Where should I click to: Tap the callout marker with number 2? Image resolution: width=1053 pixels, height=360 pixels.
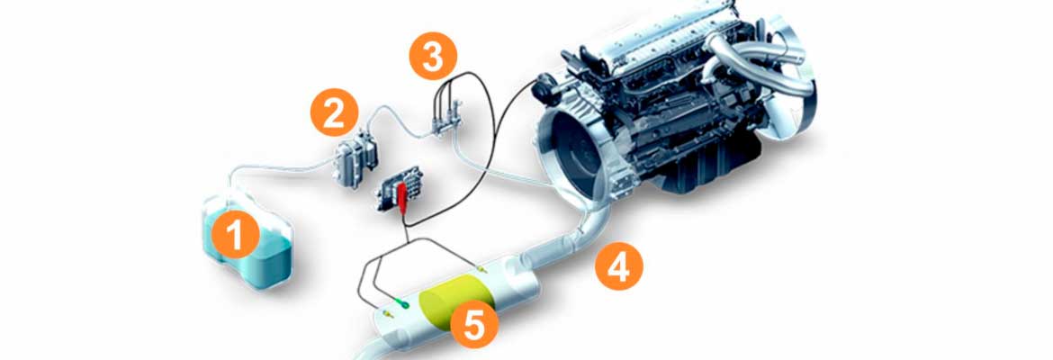point(334,112)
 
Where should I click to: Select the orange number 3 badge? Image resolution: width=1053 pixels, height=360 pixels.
point(433,58)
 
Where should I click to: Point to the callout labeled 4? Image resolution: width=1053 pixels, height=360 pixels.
point(618,266)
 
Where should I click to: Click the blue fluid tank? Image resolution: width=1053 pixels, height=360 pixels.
point(248,239)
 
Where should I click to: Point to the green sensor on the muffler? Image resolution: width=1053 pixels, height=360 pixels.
point(403,303)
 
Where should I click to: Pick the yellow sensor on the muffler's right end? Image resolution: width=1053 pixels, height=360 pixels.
point(480,269)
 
